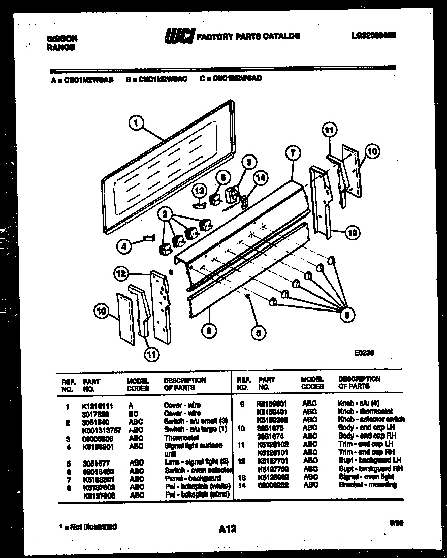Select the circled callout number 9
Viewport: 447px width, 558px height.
pyautogui.click(x=347, y=315)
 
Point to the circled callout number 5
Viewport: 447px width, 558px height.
pyautogui.click(x=259, y=333)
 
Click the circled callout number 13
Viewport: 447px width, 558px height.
pyautogui.click(x=200, y=191)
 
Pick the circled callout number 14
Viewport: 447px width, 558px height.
pyautogui.click(x=261, y=178)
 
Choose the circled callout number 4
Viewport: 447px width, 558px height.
pyautogui.click(x=123, y=247)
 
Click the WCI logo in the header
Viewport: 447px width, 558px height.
pyautogui.click(x=179, y=36)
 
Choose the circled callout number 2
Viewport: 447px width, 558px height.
pyautogui.click(x=165, y=214)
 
